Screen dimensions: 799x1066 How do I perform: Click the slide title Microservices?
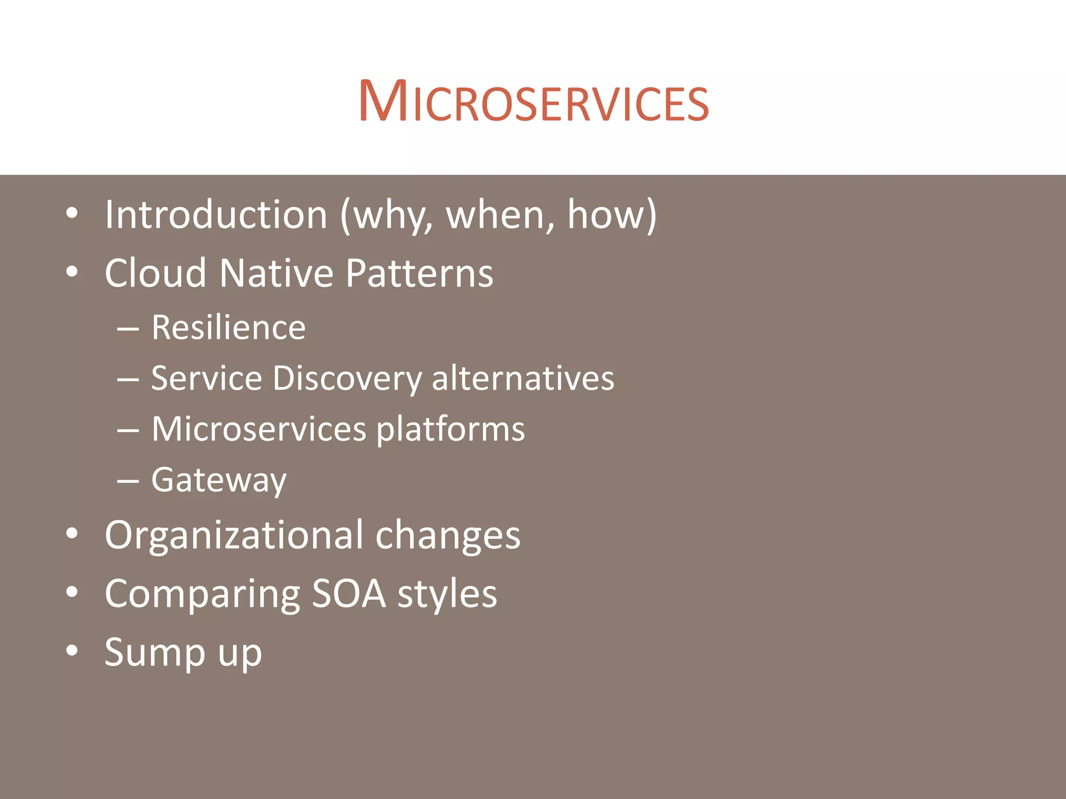click(x=534, y=101)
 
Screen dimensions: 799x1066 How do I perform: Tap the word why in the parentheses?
click(x=390, y=215)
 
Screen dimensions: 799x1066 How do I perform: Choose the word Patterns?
click(x=419, y=273)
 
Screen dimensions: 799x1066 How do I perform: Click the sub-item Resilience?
click(x=228, y=328)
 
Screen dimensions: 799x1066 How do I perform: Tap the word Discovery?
click(x=347, y=378)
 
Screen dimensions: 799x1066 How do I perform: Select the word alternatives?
click(x=523, y=378)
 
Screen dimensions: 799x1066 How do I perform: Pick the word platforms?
click(x=450, y=430)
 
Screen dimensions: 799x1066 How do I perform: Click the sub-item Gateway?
click(x=219, y=480)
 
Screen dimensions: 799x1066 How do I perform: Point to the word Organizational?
click(x=233, y=536)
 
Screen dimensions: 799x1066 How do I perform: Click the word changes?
click(x=448, y=536)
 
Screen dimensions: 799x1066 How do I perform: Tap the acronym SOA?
click(x=349, y=594)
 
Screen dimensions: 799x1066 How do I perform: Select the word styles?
click(x=447, y=594)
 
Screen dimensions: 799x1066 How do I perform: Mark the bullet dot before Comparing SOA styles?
click(x=72, y=592)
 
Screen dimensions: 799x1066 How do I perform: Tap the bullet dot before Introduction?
click(x=72, y=213)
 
